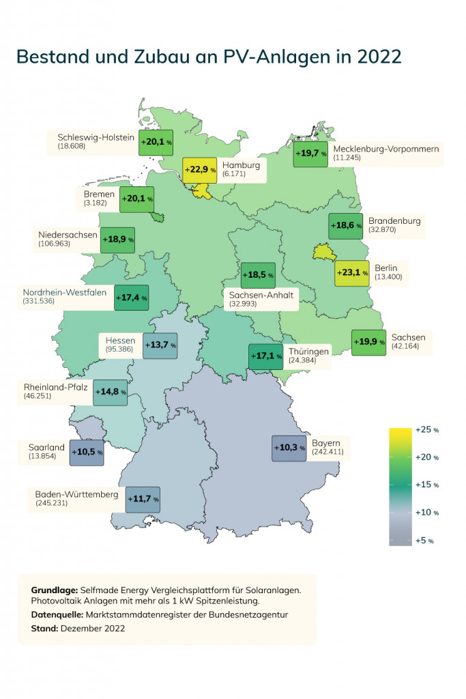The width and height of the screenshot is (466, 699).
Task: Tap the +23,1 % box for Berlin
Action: pyautogui.click(x=352, y=273)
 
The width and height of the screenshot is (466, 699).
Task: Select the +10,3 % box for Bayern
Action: pyautogui.click(x=289, y=448)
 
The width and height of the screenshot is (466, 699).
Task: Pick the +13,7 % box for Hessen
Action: pyautogui.click(x=160, y=345)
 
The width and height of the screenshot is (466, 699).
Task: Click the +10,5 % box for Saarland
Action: pyautogui.click(x=87, y=452)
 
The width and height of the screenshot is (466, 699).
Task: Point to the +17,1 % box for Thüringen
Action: pyautogui.click(x=265, y=356)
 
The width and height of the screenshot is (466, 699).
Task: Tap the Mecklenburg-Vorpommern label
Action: pyautogui.click(x=386, y=148)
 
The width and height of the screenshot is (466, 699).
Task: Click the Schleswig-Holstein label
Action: pyautogui.click(x=96, y=137)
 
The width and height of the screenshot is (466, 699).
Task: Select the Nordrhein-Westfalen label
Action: pyautogui.click(x=64, y=292)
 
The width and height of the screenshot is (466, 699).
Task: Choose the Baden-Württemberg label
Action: pyautogui.click(x=77, y=494)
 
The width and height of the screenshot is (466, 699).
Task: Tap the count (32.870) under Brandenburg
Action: pyautogui.click(x=383, y=231)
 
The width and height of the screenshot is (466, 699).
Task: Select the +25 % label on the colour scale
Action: pyautogui.click(x=426, y=430)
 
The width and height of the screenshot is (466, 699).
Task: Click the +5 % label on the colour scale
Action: pyautogui.click(x=424, y=540)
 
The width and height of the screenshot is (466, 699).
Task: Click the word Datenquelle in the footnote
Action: pyautogui.click(x=56, y=614)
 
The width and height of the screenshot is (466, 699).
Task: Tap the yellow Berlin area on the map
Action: pyautogui.click(x=323, y=254)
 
